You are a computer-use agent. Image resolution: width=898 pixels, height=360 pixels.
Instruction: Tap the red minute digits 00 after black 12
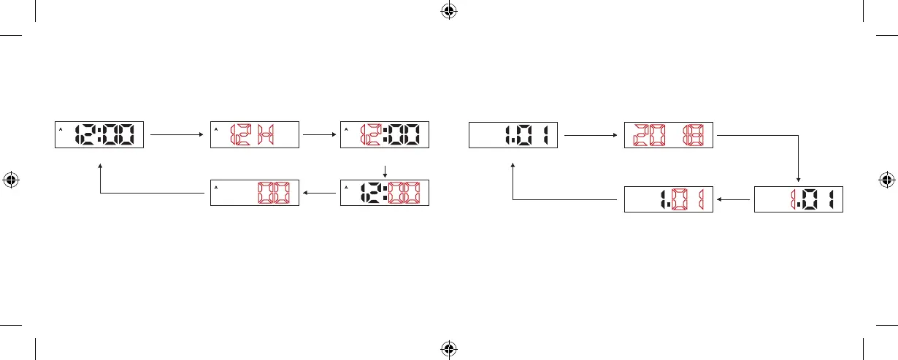point(407,194)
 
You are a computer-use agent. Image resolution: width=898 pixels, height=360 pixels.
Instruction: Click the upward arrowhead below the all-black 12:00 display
point(100,166)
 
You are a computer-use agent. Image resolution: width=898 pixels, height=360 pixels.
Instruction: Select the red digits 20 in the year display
point(646,135)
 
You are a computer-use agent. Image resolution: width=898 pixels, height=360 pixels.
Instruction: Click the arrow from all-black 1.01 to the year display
point(591,135)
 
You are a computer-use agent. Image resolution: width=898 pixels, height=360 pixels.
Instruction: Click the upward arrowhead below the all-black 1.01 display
point(513,166)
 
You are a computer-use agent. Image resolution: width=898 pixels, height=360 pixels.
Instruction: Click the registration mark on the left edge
point(11,180)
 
